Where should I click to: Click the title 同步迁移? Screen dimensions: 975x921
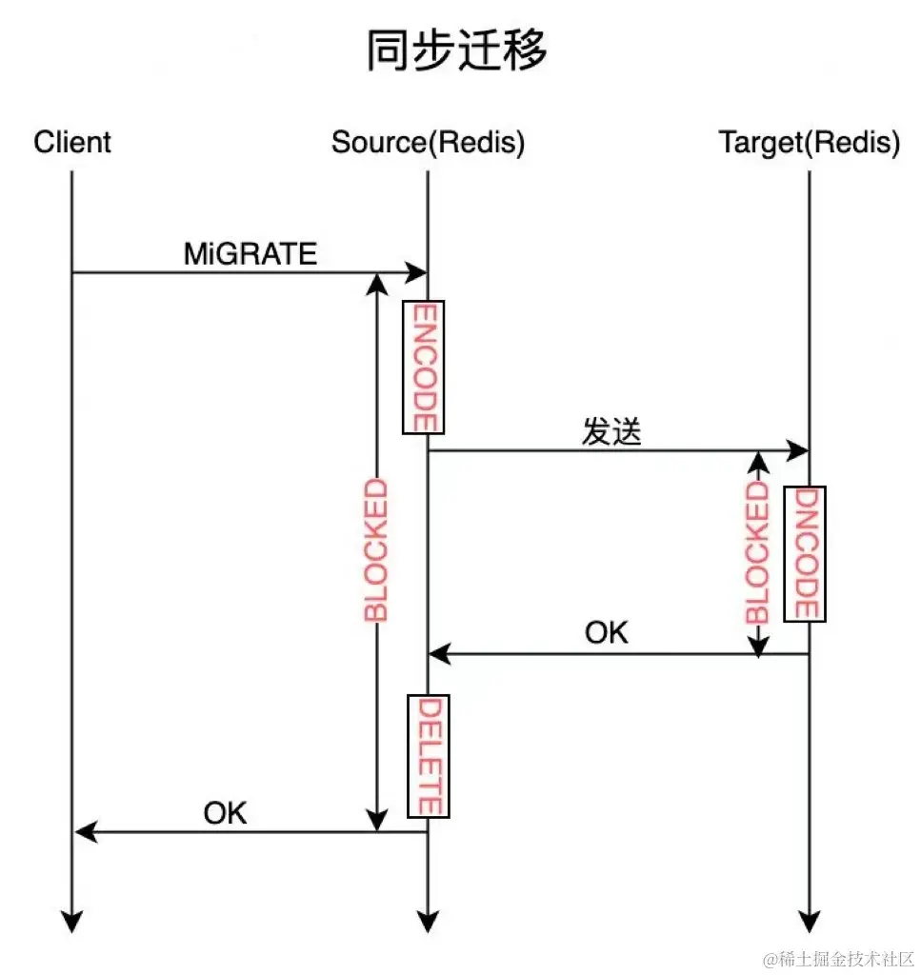[x=457, y=50]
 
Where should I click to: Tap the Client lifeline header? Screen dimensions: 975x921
[x=72, y=143]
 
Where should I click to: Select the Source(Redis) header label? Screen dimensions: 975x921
[x=428, y=143]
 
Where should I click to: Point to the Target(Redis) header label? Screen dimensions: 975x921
[x=809, y=143]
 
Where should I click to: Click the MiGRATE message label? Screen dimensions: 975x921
[x=250, y=253]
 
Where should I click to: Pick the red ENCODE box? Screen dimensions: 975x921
[x=423, y=368]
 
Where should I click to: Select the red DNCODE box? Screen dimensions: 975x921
[x=805, y=553]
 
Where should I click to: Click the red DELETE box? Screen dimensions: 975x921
[x=428, y=756]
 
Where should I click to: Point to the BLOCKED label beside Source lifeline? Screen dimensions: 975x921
[x=377, y=550]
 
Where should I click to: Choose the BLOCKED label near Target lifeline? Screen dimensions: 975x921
[x=757, y=552]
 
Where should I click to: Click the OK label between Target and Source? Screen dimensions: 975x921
[x=607, y=632]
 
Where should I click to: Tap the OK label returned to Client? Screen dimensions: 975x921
[x=225, y=812]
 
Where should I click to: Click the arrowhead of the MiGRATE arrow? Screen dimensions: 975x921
[x=417, y=273]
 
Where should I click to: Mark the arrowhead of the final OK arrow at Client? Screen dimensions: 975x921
[x=85, y=832]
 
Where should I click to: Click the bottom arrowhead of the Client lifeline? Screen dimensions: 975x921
[x=71, y=921]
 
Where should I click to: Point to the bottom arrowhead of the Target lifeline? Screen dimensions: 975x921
[x=809, y=921]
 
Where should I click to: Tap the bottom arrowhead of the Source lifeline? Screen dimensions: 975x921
[x=428, y=921]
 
